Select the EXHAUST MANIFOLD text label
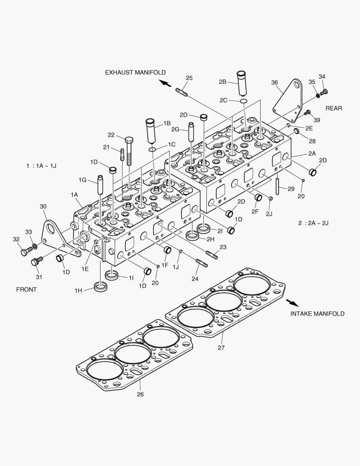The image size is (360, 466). (x=135, y=72)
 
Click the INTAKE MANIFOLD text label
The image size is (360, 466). (x=317, y=314)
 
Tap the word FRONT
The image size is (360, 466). (x=27, y=290)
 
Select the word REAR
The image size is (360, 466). (x=334, y=108)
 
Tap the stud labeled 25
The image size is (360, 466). (x=181, y=91)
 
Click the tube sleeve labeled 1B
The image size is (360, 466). (x=151, y=131)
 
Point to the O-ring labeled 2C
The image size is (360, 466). (x=244, y=101)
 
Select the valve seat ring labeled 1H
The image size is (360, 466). (x=100, y=287)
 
